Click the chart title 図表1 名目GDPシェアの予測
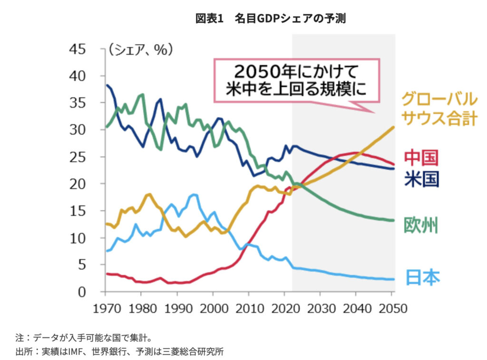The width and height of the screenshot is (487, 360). pos(270,19)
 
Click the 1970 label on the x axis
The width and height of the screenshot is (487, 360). pos(105,308)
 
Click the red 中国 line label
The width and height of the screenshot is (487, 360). pos(421,157)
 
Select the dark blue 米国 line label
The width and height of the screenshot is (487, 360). pos(421,179)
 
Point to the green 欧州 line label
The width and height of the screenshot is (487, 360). pos(421,225)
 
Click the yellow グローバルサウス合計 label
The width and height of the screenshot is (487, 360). pos(438,108)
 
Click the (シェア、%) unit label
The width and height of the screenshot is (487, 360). pos(141,49)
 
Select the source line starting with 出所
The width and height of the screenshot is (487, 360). pos(119,351)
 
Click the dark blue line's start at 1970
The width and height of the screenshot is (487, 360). pos(107,85)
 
